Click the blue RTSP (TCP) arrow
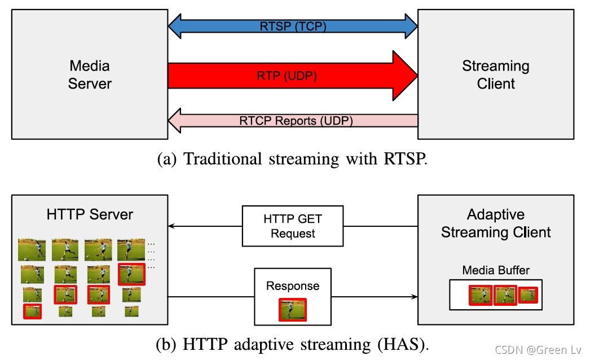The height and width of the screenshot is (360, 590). click(x=293, y=27)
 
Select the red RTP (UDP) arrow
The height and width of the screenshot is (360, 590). click(x=293, y=76)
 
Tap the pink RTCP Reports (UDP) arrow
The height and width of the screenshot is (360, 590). click(x=293, y=121)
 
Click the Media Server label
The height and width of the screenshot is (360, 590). click(x=90, y=74)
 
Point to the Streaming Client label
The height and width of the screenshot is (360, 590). click(x=496, y=74)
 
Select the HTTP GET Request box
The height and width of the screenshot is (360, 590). click(x=293, y=226)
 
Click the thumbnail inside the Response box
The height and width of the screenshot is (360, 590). click(x=293, y=310)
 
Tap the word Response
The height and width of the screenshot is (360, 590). click(x=293, y=286)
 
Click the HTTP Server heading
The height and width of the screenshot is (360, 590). click(x=90, y=214)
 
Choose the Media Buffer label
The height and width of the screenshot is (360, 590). click(x=496, y=270)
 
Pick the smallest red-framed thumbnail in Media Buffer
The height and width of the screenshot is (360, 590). click(x=529, y=295)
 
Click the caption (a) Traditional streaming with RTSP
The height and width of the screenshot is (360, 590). click(x=292, y=159)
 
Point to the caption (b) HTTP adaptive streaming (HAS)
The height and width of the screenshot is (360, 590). click(x=292, y=344)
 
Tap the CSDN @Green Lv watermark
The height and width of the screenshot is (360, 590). click(x=538, y=350)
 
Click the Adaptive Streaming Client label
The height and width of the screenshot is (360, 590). click(x=496, y=223)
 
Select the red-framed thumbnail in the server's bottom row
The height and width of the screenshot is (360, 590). click(x=32, y=311)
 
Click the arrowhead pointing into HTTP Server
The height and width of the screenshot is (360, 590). click(x=171, y=226)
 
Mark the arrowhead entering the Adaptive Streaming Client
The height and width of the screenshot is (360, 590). click(x=414, y=297)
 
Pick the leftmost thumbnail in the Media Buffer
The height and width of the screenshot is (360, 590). click(x=481, y=295)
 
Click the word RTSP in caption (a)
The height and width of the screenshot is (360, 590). click(x=406, y=159)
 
